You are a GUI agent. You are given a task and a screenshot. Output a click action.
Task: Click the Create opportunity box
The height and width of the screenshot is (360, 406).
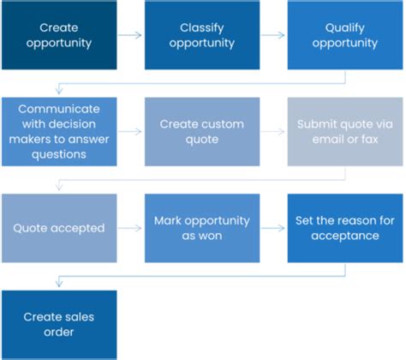(59, 34)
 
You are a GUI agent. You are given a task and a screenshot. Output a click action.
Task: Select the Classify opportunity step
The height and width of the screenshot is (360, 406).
(202, 34)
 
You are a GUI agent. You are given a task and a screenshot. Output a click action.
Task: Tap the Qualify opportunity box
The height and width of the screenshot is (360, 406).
(345, 34)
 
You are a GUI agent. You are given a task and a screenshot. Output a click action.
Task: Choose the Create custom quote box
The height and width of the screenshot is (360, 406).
(202, 131)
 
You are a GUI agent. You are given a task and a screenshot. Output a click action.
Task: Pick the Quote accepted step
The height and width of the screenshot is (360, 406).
(59, 228)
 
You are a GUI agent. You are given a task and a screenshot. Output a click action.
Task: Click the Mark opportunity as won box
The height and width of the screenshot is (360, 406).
(202, 228)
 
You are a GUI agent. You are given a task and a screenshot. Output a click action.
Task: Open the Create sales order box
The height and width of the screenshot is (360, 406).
(59, 325)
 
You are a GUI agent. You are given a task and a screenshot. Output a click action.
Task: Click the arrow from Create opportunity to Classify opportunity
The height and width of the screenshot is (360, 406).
(130, 35)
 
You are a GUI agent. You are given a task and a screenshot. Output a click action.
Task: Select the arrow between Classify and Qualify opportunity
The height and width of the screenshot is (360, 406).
(273, 35)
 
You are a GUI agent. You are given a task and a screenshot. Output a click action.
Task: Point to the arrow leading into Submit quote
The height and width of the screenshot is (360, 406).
(273, 132)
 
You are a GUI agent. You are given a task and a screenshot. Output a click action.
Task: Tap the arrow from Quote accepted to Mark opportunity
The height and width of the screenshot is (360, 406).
(130, 229)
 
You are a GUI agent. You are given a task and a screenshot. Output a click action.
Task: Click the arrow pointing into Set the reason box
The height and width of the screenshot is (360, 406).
(273, 229)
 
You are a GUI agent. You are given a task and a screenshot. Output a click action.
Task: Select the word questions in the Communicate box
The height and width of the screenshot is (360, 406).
(59, 154)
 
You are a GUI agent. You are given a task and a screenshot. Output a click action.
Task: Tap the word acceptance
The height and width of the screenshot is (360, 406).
(345, 236)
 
